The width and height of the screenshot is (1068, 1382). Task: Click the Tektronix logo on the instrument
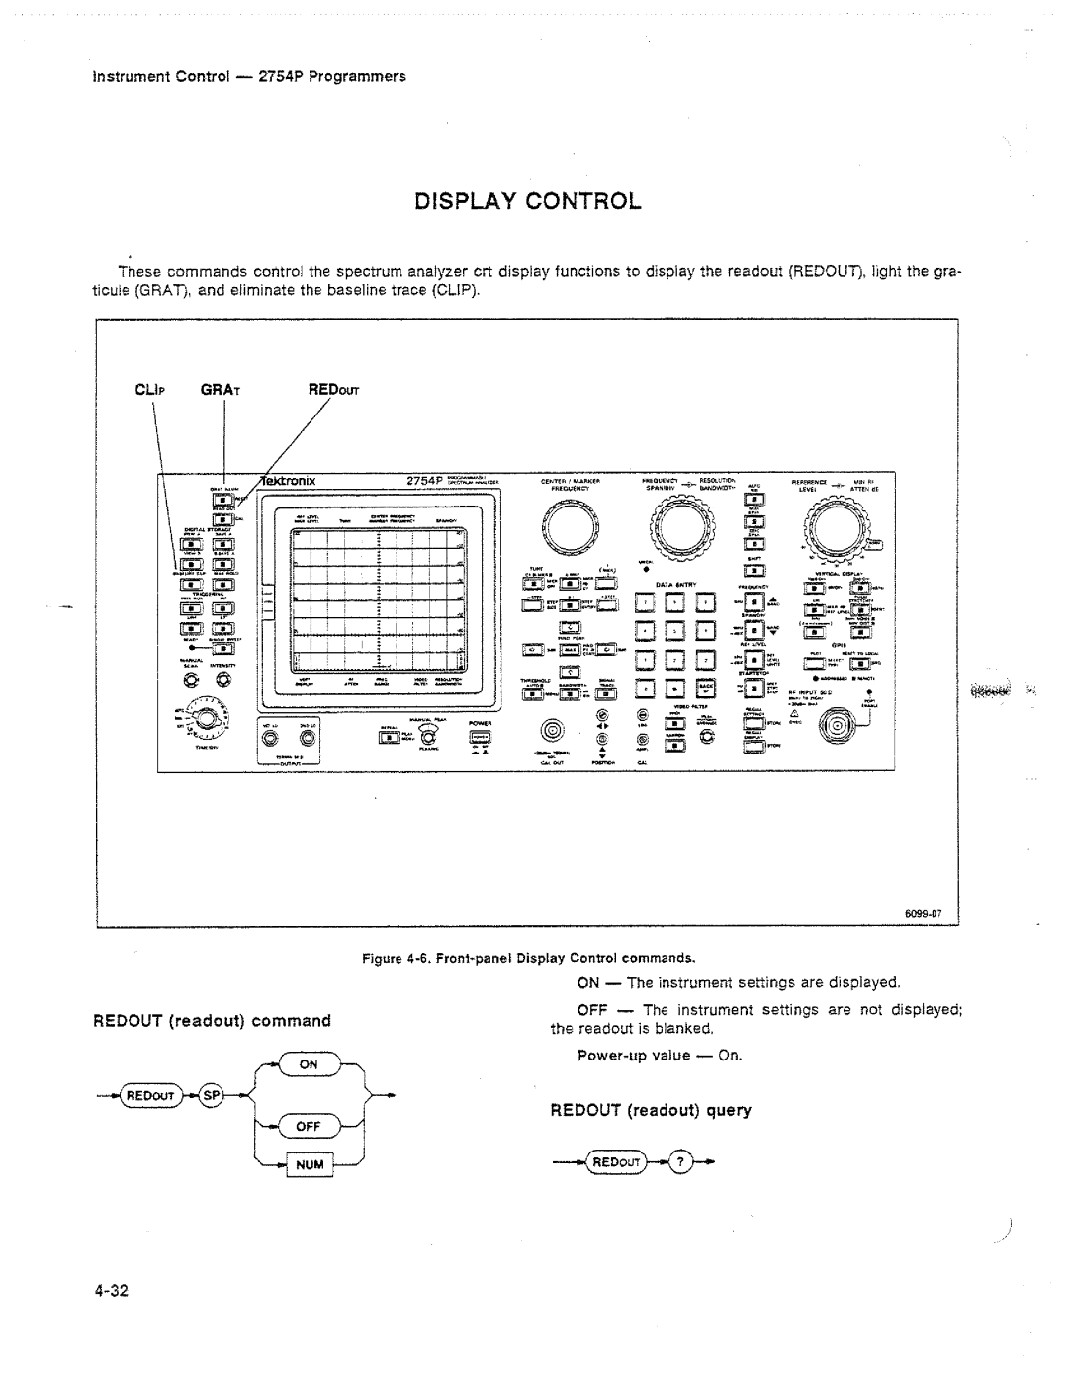point(288,482)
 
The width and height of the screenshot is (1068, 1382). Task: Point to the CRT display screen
point(378,604)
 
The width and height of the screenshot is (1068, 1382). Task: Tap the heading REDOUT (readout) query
point(651,1111)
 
